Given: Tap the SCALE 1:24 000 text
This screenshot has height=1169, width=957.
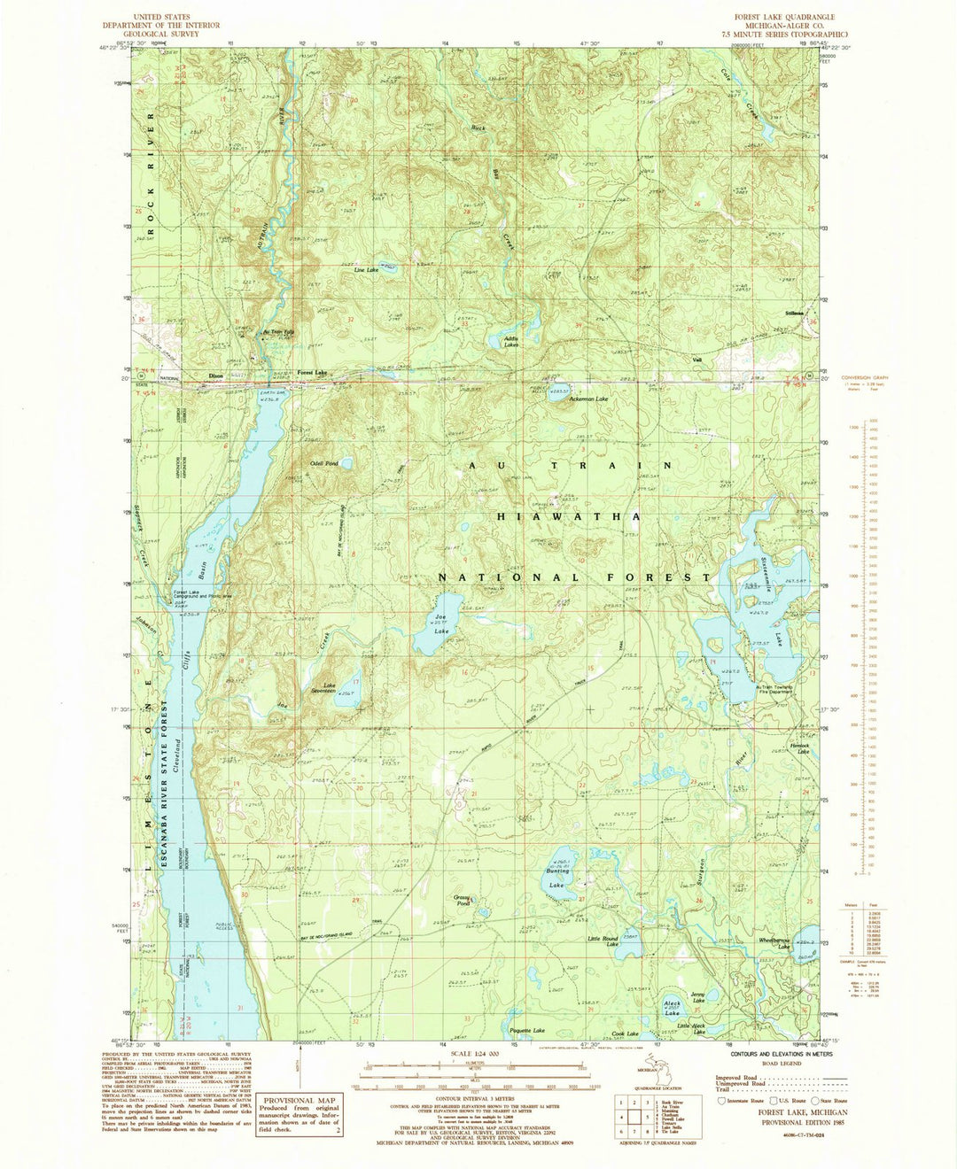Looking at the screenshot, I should click(478, 1054).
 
